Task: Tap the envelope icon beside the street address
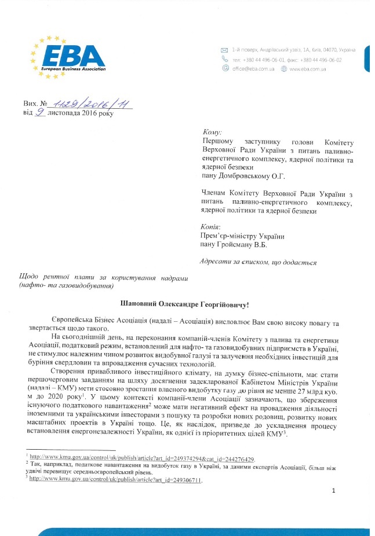[x=224, y=50]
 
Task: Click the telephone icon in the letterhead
[x=224, y=59]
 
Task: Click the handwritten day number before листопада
[x=40, y=113]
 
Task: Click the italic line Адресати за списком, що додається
[x=257, y=262]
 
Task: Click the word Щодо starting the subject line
[x=30, y=278]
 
